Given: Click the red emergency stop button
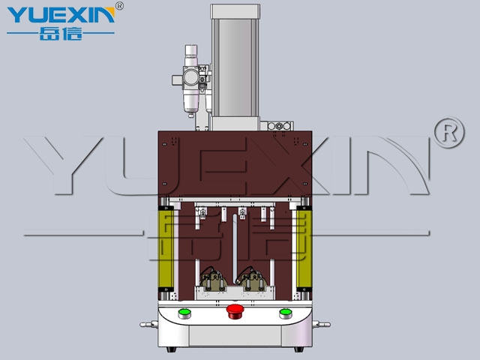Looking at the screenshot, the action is (x=235, y=311).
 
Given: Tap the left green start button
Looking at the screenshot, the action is (x=184, y=313).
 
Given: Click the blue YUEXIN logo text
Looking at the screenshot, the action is (x=61, y=15).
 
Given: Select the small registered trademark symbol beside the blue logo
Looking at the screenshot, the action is (x=119, y=6).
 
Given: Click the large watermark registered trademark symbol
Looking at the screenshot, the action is (x=449, y=133).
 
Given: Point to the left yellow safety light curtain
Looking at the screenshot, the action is (x=166, y=249).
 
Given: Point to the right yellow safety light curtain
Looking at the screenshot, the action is (x=304, y=249).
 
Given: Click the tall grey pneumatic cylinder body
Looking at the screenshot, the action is (x=235, y=67).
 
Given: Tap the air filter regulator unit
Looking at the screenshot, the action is (x=191, y=80).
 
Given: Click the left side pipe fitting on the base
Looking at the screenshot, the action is (x=148, y=325).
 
